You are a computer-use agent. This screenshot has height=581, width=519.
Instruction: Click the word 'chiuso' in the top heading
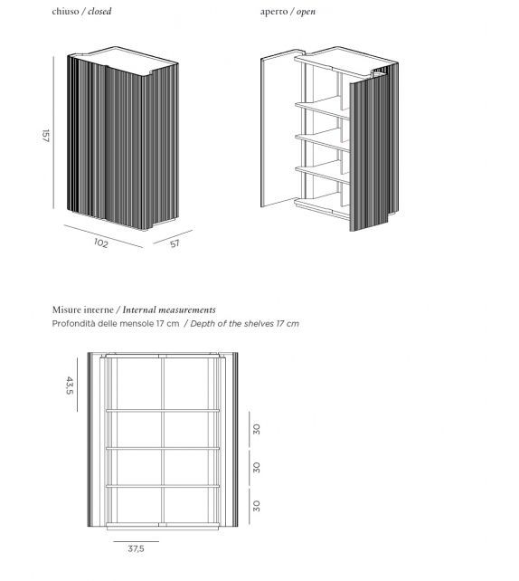[x=67, y=12]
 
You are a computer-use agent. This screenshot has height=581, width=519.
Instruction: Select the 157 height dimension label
[x=44, y=135]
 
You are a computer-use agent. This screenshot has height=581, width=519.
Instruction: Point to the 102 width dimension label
[x=100, y=243]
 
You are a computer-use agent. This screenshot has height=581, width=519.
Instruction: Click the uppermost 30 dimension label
[x=257, y=429]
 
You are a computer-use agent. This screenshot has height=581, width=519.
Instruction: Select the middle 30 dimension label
[x=257, y=467]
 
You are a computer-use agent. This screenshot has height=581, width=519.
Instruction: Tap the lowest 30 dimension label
[x=257, y=505]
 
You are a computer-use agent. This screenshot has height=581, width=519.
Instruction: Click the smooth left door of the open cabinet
[x=276, y=131]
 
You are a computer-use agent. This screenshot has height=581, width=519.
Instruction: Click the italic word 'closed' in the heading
[x=100, y=12]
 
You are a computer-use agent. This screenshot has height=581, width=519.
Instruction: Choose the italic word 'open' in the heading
[x=307, y=12]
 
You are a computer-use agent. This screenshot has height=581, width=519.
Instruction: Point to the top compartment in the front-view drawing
[x=163, y=385]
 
